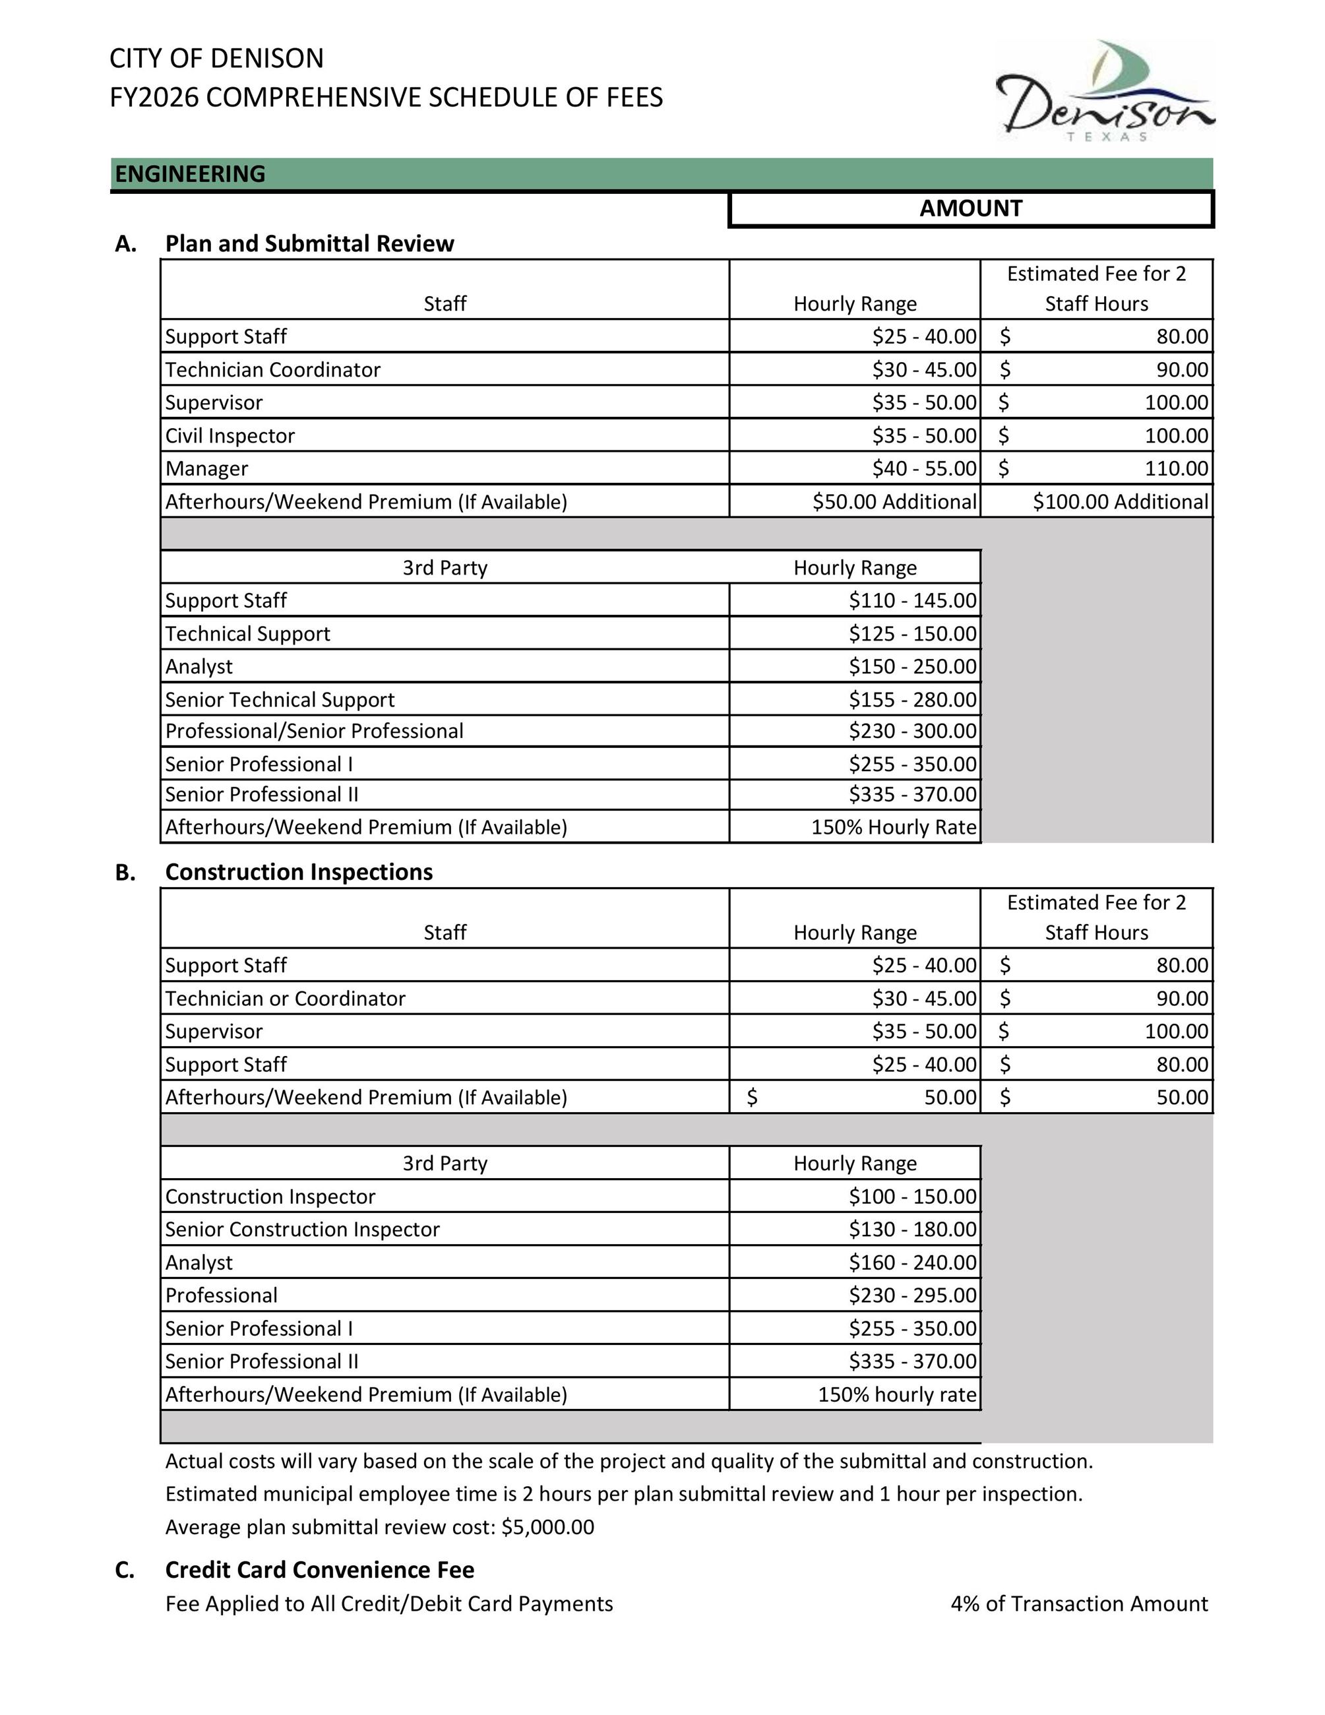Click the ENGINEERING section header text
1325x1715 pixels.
(190, 173)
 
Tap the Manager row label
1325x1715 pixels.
(206, 469)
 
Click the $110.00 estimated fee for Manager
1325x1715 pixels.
(1176, 469)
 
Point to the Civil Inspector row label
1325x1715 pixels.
(230, 436)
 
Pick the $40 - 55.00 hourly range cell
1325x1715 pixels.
(924, 469)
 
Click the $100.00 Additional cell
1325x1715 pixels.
(1120, 502)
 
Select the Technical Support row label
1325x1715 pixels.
(247, 634)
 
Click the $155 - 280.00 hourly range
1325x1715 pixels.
(912, 700)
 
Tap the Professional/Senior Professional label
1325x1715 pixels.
(314, 731)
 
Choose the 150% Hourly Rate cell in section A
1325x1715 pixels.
(893, 827)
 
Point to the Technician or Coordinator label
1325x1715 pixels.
(285, 999)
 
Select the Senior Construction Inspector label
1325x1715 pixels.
(302, 1230)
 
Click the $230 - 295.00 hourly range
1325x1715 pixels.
(912, 1295)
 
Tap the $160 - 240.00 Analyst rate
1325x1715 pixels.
(912, 1263)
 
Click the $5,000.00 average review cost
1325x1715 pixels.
(547, 1527)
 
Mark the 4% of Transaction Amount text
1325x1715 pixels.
(1078, 1604)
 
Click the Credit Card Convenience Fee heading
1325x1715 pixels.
(319, 1570)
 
